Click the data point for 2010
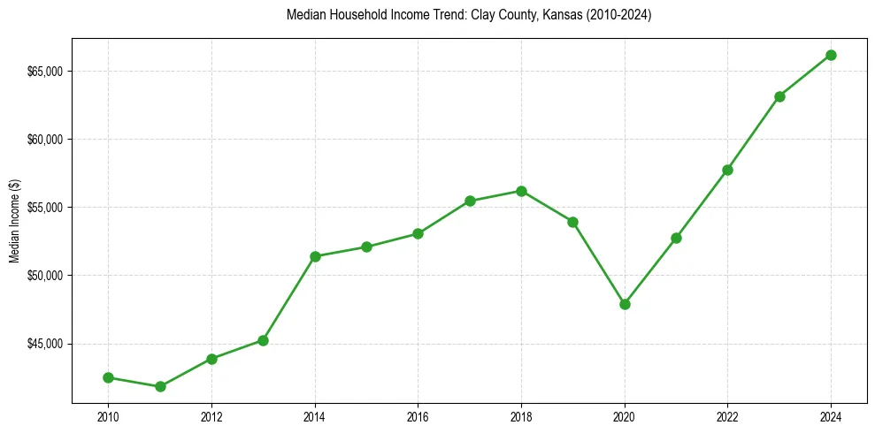click(108, 377)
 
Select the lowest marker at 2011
click(160, 386)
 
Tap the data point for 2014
click(315, 256)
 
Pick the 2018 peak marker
click(521, 191)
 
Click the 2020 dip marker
click(625, 304)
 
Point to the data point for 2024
click(831, 55)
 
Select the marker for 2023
click(779, 96)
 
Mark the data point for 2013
click(263, 340)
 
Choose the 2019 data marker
click(572, 222)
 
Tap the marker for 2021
click(676, 238)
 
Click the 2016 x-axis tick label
click(418, 416)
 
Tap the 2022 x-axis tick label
click(727, 416)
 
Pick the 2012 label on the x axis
click(211, 416)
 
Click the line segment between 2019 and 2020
click(599, 263)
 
